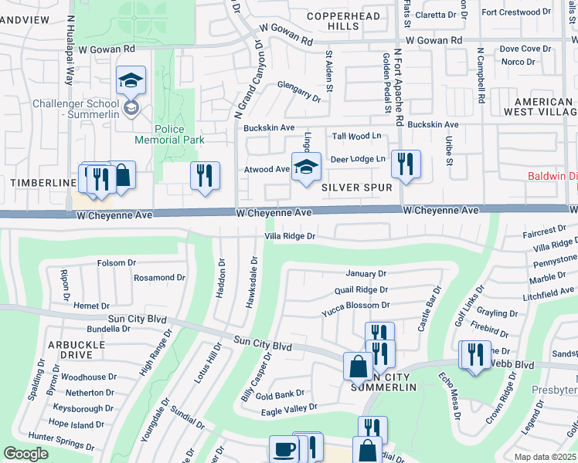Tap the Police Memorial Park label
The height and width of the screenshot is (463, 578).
click(x=169, y=134)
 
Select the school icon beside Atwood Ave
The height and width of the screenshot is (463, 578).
click(x=306, y=167)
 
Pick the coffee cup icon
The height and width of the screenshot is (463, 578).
click(x=284, y=450)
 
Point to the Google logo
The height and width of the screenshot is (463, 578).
click(x=26, y=454)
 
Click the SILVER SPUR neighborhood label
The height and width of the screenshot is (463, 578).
click(x=357, y=188)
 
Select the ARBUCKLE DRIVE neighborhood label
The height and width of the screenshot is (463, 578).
click(x=76, y=349)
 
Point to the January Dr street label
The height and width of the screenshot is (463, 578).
click(x=365, y=274)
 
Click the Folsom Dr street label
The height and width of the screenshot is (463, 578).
click(x=117, y=263)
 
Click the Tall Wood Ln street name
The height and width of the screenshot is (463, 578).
click(x=356, y=137)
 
